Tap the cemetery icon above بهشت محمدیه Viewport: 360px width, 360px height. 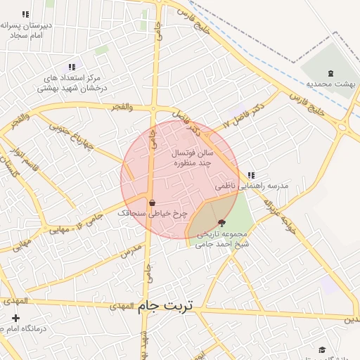tap(330, 72)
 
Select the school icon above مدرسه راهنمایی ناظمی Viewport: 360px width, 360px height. tap(251, 175)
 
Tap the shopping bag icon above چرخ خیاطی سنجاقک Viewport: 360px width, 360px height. tap(152, 202)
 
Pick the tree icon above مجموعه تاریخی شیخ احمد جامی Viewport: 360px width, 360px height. tap(222, 222)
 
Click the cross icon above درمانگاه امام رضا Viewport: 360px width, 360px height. tap(15, 319)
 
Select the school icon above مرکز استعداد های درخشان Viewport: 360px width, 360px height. tap(72, 66)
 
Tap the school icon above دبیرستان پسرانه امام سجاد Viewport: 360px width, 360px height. tap(26, 14)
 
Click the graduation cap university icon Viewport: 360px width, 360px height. tap(323, 349)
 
